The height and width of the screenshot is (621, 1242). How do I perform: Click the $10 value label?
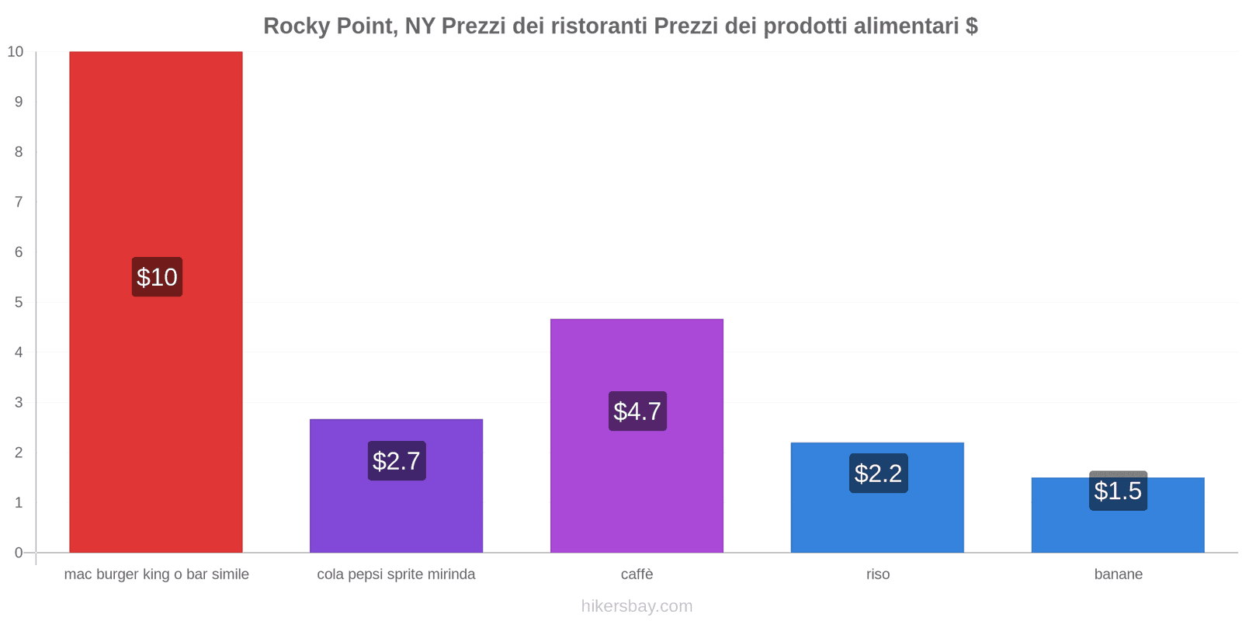(157, 277)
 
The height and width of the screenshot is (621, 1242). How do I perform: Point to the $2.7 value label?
(397, 461)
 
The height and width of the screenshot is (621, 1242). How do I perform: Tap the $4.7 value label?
(637, 411)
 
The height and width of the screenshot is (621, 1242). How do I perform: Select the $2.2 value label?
(878, 474)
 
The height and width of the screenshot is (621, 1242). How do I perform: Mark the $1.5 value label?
(1118, 491)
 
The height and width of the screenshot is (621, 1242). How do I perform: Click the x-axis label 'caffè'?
(637, 574)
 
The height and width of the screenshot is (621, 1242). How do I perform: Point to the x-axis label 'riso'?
(878, 574)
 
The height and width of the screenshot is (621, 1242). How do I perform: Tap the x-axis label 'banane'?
(1118, 574)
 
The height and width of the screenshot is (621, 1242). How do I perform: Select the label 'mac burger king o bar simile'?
(156, 574)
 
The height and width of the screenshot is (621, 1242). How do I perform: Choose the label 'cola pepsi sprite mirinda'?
(396, 574)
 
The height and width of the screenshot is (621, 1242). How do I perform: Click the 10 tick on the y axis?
(16, 52)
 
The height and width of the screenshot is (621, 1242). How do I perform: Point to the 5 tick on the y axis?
(19, 302)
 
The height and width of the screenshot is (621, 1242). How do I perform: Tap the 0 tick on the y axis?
(19, 553)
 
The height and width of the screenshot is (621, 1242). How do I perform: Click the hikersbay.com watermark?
(637, 606)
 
